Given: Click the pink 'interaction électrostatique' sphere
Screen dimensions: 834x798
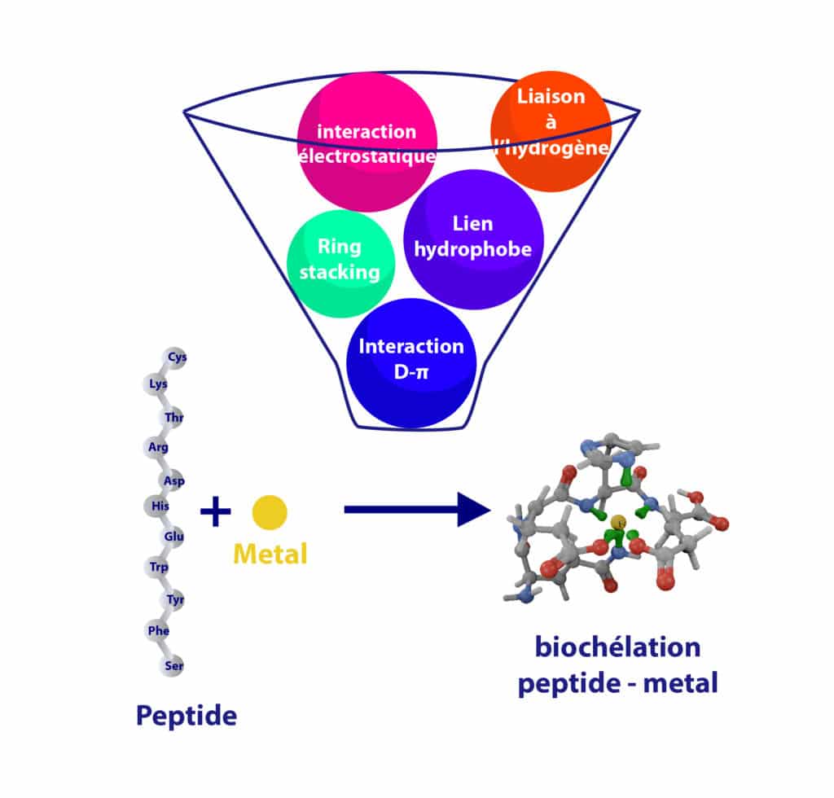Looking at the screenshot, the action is pos(367,142).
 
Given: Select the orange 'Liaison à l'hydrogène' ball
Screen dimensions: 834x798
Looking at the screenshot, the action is pos(551,131).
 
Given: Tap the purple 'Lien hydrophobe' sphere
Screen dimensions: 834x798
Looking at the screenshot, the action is pos(473,239).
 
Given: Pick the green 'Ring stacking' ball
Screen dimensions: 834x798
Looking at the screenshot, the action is pos(340,264).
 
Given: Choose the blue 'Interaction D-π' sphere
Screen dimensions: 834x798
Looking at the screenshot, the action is pos(411,363).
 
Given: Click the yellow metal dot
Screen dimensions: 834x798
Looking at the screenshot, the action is pos(270,512).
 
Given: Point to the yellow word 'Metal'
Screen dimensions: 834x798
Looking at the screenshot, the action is pos(270,554).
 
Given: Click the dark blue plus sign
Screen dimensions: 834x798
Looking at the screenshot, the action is pos(215,511).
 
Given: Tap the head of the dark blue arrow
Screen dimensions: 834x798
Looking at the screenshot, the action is pos(473,510).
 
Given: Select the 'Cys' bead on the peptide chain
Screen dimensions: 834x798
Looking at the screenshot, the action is pos(175,357).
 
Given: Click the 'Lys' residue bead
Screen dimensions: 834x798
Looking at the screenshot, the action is pos(156,384).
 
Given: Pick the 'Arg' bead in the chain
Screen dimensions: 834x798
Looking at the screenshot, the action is pos(156,447).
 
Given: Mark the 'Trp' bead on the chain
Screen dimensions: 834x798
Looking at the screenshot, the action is pos(157,568).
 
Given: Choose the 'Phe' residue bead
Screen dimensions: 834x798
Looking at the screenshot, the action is pos(157,631).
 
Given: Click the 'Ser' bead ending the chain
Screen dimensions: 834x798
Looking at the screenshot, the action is pos(172,665).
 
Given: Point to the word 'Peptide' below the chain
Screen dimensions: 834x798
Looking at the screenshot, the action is pos(187,715).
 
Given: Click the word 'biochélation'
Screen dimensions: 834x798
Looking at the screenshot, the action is pos(617,647).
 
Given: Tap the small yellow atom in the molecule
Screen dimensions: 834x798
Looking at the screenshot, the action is pos(618,522).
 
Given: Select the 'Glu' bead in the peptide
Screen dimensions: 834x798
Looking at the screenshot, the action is pos(173,537).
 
